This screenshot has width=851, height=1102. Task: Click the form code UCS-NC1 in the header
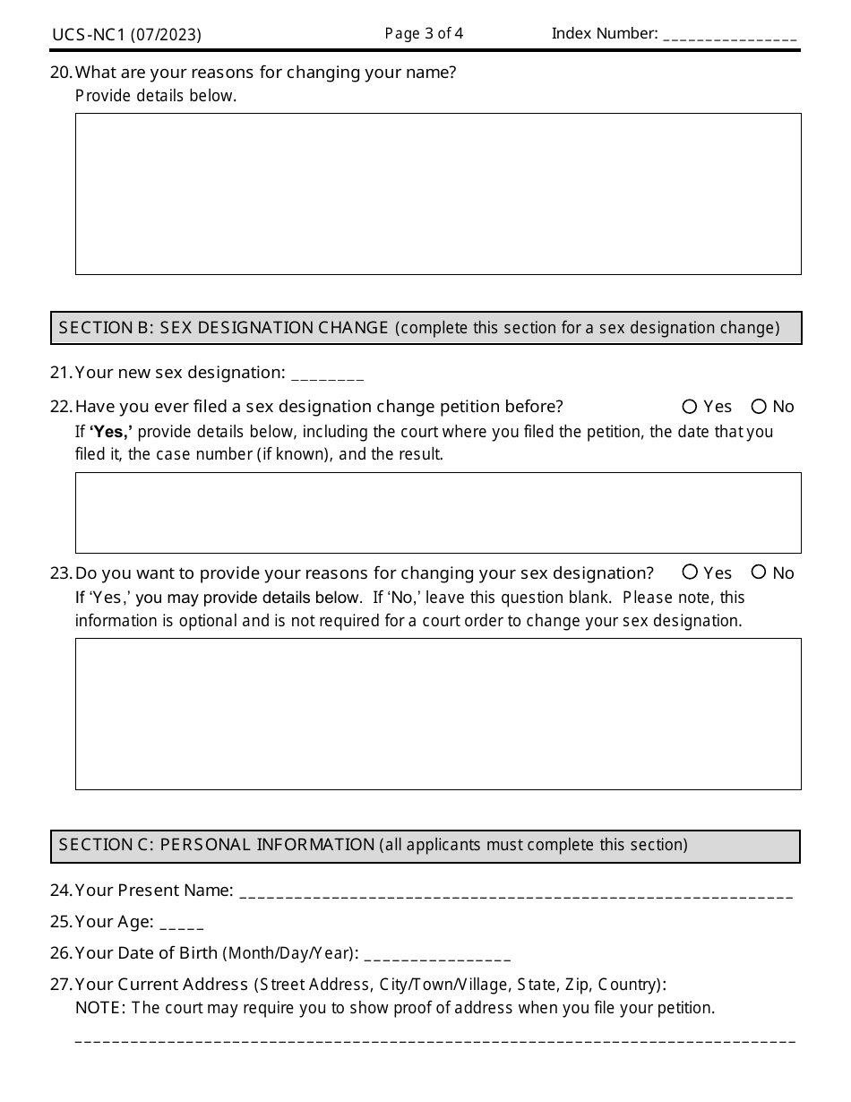pos(90,35)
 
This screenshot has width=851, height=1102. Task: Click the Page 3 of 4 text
pos(424,34)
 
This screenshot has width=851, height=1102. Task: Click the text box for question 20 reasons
pos(438,194)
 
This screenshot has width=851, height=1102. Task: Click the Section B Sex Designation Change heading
pos(224,328)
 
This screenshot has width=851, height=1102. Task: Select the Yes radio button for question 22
pos(690,407)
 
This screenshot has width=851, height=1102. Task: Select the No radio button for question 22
pos(759,407)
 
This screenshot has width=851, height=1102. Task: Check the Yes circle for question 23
pos(690,572)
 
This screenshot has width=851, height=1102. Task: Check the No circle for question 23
pos(759,572)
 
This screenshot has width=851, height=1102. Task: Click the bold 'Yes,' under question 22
pos(111,432)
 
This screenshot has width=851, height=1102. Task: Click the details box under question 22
pos(438,512)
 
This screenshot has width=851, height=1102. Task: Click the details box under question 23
pos(438,713)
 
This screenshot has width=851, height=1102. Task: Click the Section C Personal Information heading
pos(217,845)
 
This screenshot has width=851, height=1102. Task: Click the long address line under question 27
pos(435,1041)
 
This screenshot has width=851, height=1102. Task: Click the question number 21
pos(61,373)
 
